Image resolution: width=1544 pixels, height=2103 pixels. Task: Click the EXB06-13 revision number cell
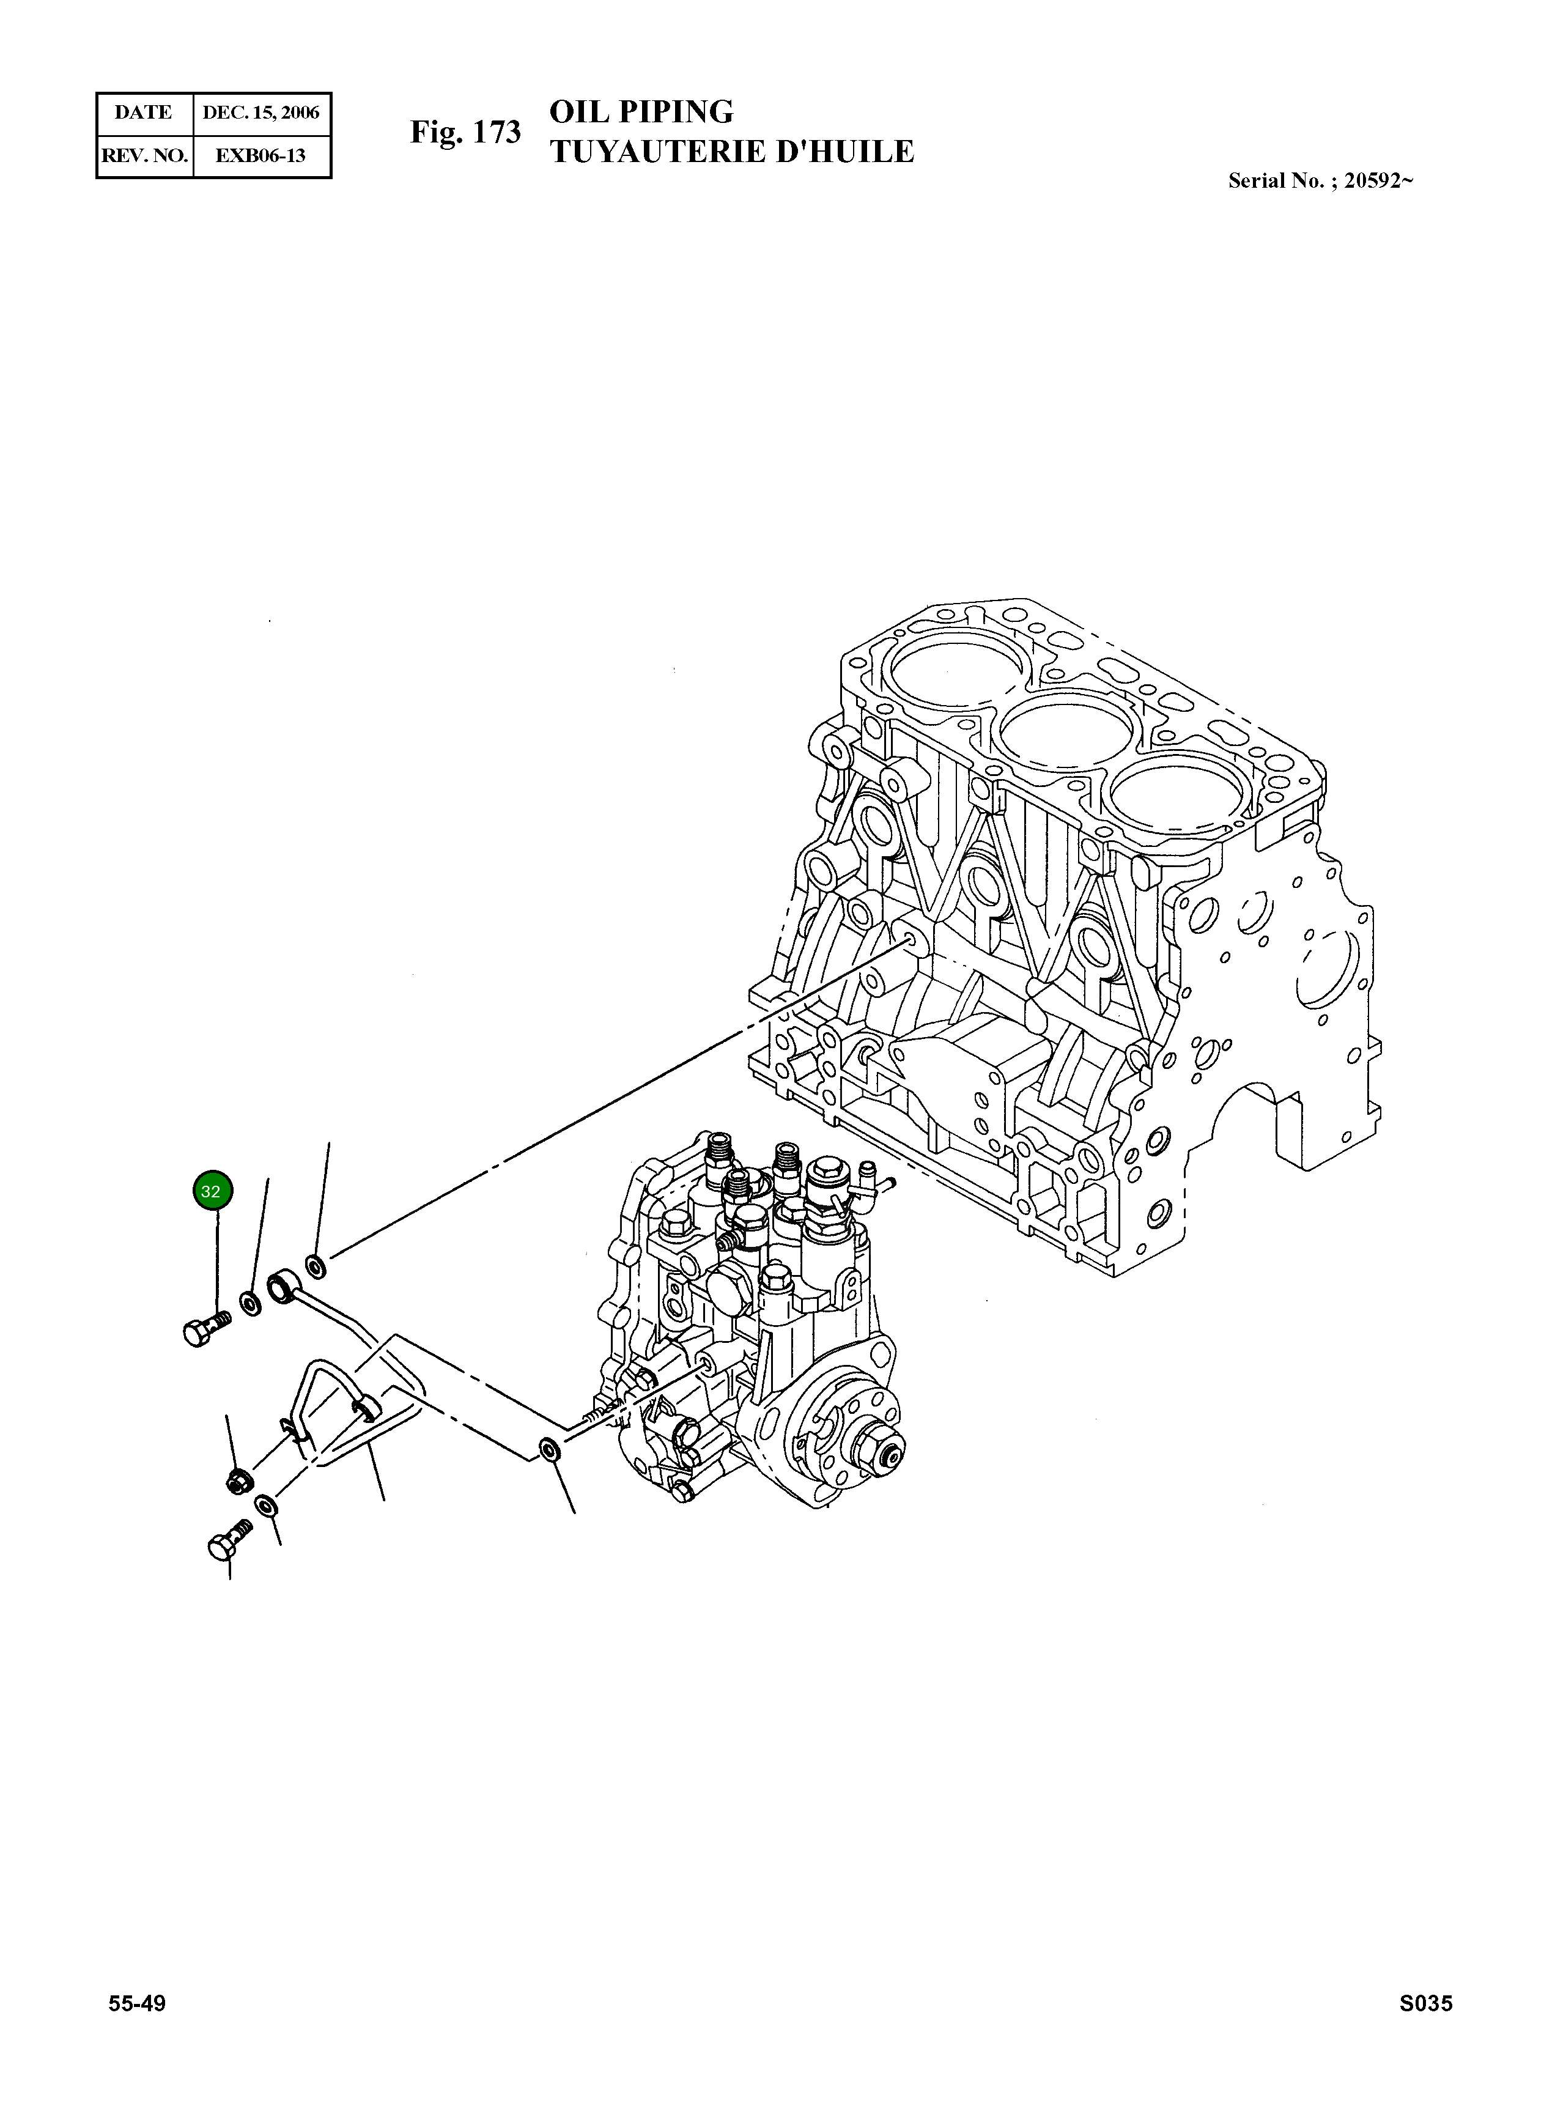260,155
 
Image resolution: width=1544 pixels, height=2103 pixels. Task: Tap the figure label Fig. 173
465,132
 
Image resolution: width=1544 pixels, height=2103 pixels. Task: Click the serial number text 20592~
1378,182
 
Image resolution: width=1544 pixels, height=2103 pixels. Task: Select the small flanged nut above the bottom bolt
237,1480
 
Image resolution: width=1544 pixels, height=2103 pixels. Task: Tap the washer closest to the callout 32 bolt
251,1302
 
